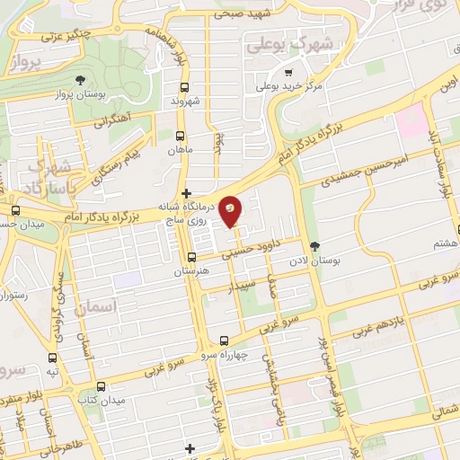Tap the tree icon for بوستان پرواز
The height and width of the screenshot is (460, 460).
pos(83,81)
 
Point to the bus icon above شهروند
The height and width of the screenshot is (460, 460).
pos(185,88)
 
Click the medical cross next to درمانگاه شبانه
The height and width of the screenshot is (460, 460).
pos(186,193)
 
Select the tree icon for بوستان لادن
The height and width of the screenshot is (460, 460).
pos(314,245)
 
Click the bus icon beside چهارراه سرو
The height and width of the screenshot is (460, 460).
pos(224,341)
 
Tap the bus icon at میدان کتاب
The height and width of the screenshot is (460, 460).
pos(101,385)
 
